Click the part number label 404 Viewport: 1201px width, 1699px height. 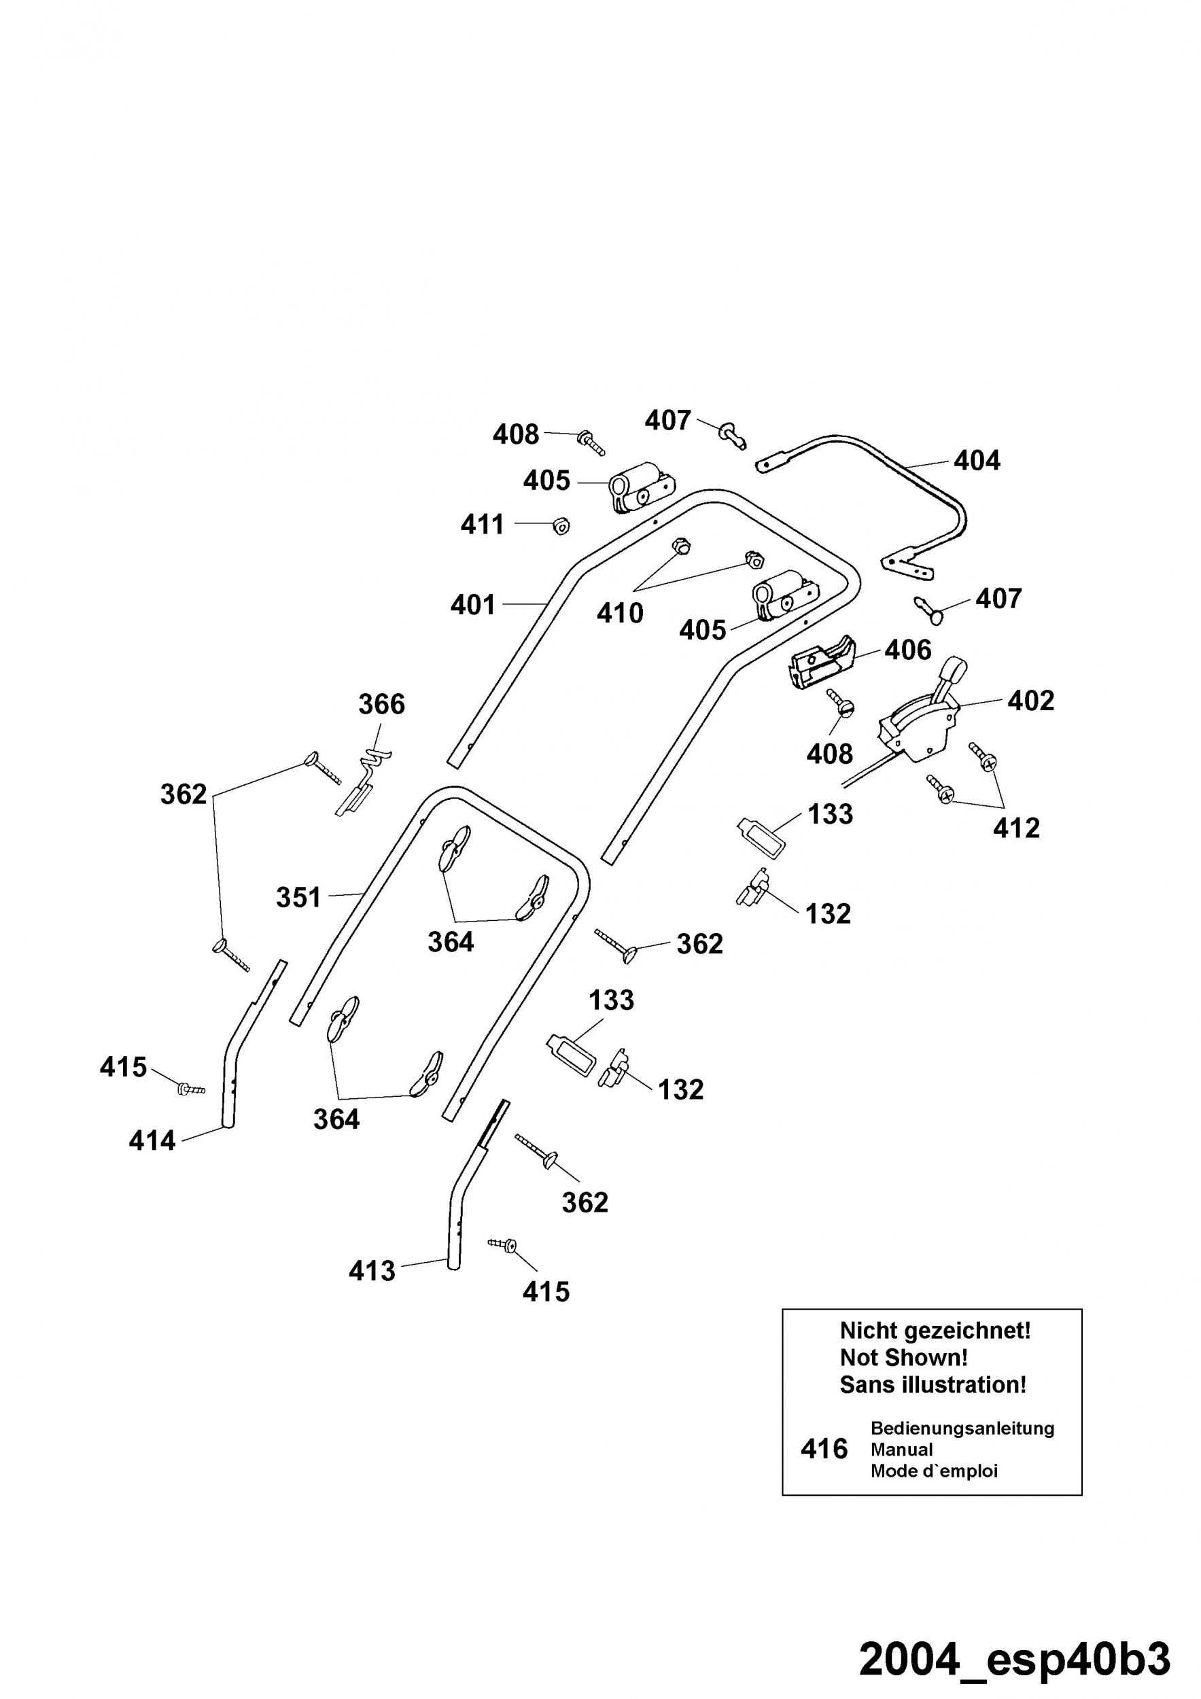tap(977, 460)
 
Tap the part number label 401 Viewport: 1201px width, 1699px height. tap(473, 605)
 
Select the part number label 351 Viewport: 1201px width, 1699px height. tap(298, 898)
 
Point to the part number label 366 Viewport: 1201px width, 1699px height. tap(382, 703)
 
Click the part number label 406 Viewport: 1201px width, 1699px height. tap(908, 650)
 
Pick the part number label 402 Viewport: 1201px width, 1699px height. tap(1031, 700)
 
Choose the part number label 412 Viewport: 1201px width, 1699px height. tap(1016, 827)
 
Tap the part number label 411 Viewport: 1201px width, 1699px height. tap(482, 525)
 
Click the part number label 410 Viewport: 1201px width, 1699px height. tap(620, 613)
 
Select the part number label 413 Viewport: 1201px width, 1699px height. tap(372, 1271)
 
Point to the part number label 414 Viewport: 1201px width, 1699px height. tap(152, 1140)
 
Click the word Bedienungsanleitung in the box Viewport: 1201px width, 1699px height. tap(962, 1428)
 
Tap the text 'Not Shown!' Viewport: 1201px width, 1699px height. tap(903, 1358)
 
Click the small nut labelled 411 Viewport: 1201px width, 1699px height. tap(561, 526)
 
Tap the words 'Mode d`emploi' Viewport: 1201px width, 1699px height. tap(934, 1471)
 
